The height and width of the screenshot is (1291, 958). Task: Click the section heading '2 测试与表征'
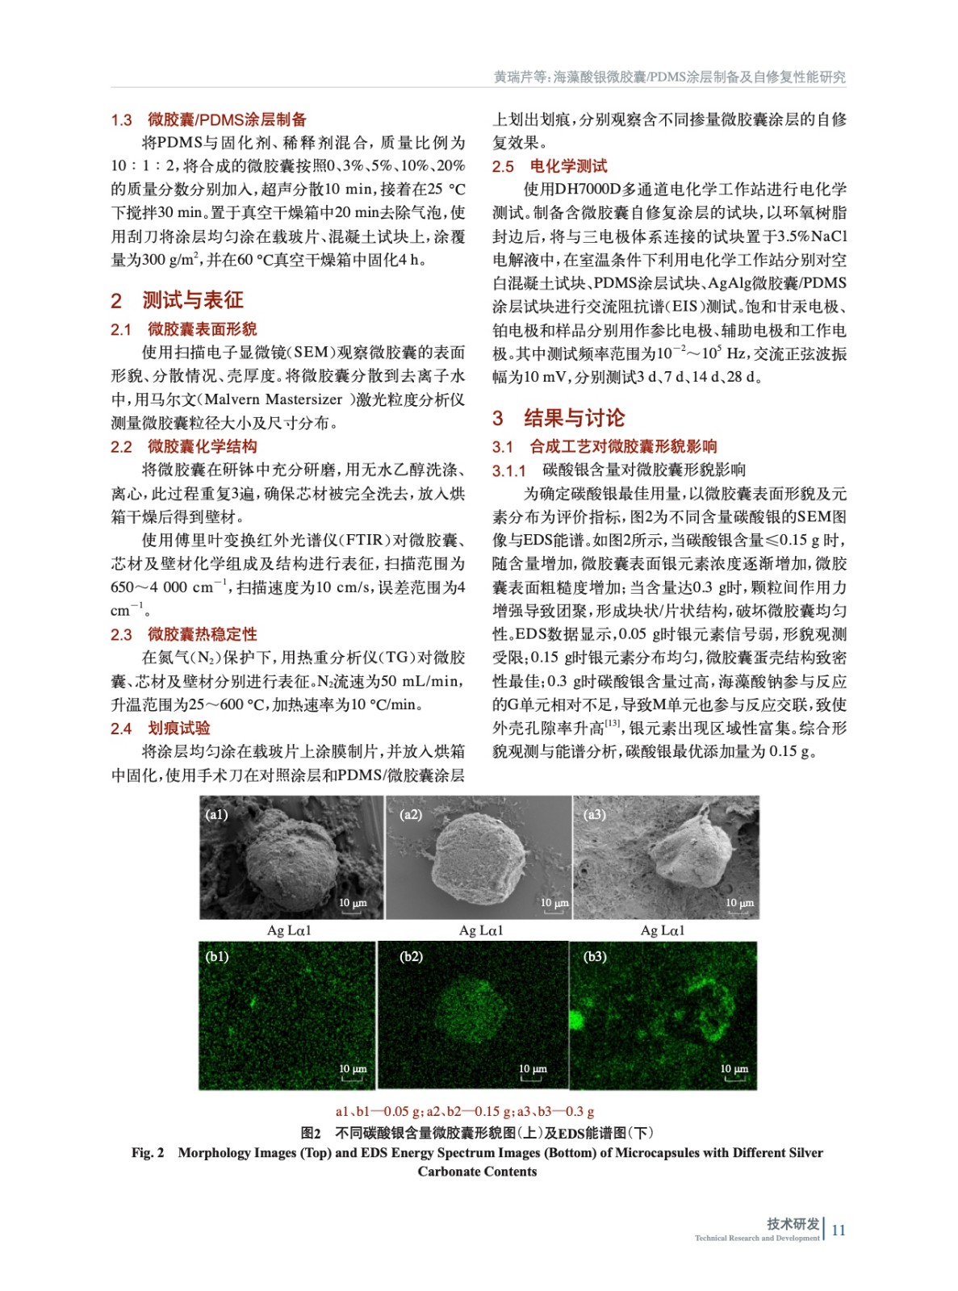177,300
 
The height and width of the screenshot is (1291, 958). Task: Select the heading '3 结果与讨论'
558,418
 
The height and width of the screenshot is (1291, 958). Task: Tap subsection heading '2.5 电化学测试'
550,166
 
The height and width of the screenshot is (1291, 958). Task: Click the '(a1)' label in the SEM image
216,814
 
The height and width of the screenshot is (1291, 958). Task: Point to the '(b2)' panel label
411,956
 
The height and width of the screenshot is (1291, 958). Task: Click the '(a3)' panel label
595,814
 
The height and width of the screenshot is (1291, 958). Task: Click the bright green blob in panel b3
577,1020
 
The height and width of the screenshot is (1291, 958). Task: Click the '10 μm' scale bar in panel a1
353,905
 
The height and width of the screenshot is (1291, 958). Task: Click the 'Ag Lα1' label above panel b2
481,930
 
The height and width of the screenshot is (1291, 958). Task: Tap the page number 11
839,1230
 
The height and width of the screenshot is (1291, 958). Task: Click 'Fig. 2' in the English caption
148,1152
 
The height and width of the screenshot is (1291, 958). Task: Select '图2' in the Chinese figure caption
311,1133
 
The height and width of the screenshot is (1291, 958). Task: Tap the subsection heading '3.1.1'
508,470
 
